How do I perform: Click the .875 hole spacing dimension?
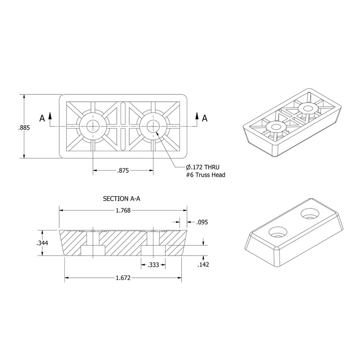tap(123, 171)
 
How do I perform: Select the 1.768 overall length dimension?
tap(123, 210)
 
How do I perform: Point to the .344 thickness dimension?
tap(42, 243)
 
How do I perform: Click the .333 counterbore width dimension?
tap(153, 265)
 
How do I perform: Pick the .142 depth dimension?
tap(203, 265)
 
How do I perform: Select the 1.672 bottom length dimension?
tap(123, 279)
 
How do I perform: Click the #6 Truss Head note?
tap(200, 175)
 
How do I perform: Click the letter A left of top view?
tap(42, 118)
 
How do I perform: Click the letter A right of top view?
tap(204, 118)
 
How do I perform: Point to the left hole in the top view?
tap(93, 126)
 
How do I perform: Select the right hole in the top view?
tap(152, 126)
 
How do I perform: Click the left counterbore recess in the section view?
tap(93, 250)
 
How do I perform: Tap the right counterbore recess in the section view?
tap(153, 250)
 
